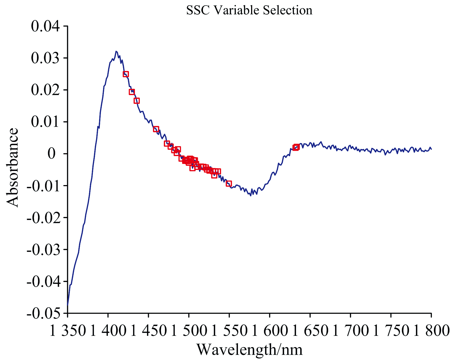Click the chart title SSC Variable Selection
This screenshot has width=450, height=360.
[249, 10]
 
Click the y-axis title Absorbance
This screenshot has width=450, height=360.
[13, 168]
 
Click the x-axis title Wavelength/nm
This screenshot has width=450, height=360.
[249, 350]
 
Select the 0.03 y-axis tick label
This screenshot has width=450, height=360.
[46, 58]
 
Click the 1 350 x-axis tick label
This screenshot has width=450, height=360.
[68, 331]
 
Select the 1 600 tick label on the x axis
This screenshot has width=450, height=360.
[270, 331]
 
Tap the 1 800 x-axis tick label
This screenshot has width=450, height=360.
[431, 331]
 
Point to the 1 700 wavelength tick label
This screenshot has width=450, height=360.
[350, 331]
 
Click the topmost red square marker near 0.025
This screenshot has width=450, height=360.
[126, 74]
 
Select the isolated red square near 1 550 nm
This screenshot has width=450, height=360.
[229, 183]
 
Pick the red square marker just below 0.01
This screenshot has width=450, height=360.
[156, 129]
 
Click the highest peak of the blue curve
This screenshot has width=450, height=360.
[116, 51]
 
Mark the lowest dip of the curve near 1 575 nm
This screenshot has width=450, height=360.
[251, 196]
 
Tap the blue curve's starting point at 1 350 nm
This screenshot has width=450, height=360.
[68, 305]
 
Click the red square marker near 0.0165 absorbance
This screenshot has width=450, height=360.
[137, 101]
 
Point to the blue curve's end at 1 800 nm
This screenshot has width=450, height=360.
[431, 149]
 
